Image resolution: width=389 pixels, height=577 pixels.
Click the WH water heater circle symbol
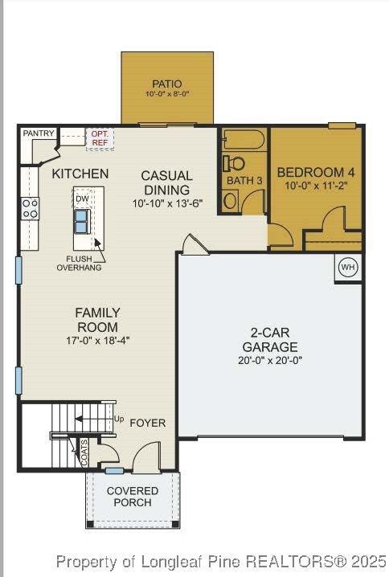pyautogui.click(x=347, y=268)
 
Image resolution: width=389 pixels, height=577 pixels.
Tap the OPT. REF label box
pyautogui.click(x=100, y=138)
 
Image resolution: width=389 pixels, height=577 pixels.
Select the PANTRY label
pyautogui.click(x=38, y=133)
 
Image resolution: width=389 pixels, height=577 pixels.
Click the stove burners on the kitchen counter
pyautogui.click(x=30, y=209)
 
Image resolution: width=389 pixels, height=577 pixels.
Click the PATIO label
pyautogui.click(x=166, y=84)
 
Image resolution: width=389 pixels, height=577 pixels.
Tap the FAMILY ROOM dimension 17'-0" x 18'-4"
pyautogui.click(x=97, y=340)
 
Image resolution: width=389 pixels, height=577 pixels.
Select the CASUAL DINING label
pyautogui.click(x=166, y=182)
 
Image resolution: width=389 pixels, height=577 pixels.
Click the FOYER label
pyautogui.click(x=148, y=423)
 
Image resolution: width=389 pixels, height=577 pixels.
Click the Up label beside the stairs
pyautogui.click(x=119, y=419)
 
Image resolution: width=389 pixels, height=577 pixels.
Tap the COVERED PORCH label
pyautogui.click(x=133, y=497)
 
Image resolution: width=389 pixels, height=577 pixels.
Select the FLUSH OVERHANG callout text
pyautogui.click(x=78, y=263)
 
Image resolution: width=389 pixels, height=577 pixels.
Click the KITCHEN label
pyautogui.click(x=80, y=174)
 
